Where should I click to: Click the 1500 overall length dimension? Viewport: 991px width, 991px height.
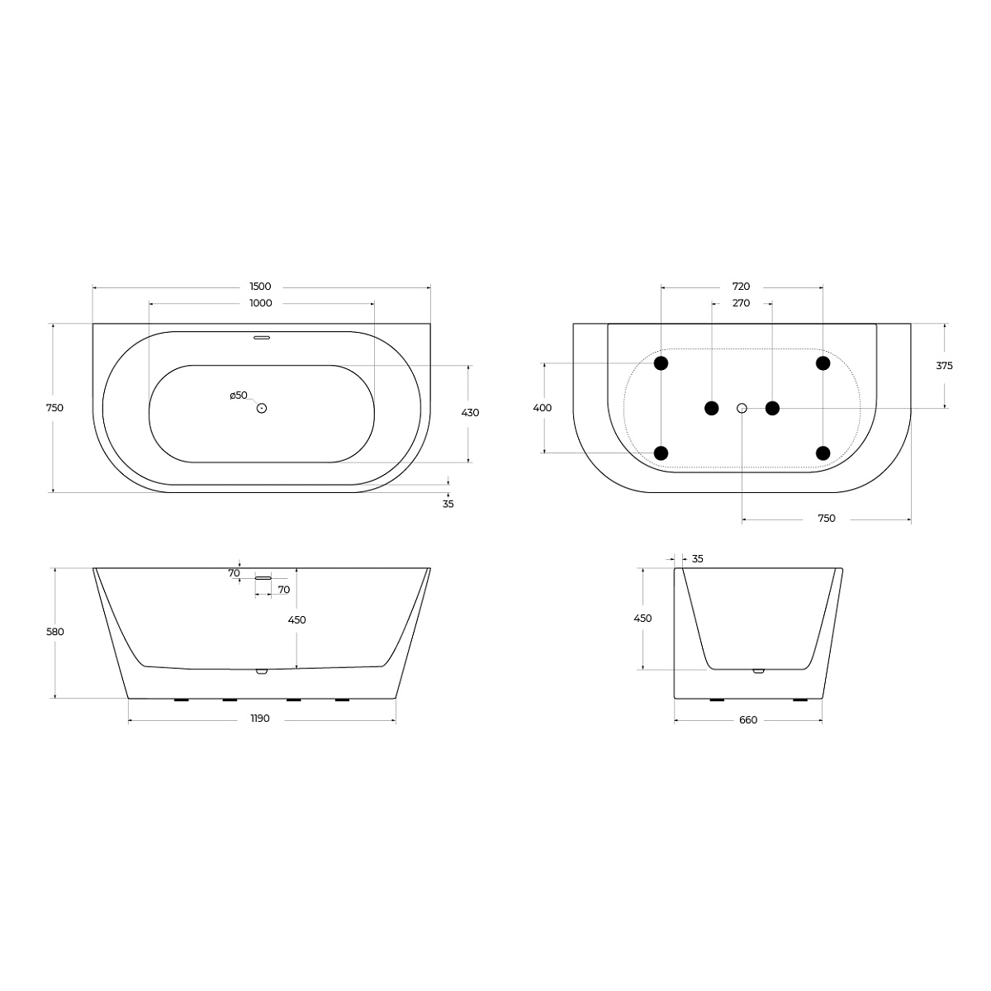pyautogui.click(x=260, y=287)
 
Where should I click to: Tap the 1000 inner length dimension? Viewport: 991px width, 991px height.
pyautogui.click(x=260, y=303)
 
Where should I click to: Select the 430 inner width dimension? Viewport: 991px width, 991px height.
pyautogui.click(x=470, y=412)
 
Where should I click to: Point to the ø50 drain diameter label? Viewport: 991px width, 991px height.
pyautogui.click(x=239, y=396)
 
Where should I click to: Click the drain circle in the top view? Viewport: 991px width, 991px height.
pyautogui.click(x=262, y=408)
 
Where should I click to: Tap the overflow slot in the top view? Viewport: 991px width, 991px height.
pyautogui.click(x=262, y=338)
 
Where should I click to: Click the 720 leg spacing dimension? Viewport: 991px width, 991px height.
pyautogui.click(x=741, y=287)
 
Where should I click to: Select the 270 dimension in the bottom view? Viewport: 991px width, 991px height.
pyautogui.click(x=741, y=303)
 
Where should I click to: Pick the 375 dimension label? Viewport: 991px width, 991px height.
pyautogui.click(x=944, y=366)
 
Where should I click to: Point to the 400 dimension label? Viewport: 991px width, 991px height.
pyautogui.click(x=542, y=408)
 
